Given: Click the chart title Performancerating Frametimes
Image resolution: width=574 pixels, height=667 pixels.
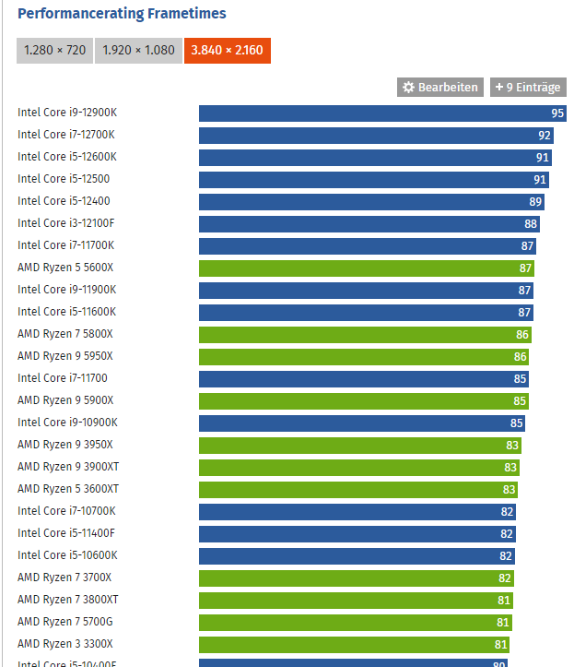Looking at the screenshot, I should pyautogui.click(x=122, y=14).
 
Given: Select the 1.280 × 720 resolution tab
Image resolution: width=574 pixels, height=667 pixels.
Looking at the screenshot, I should pyautogui.click(x=54, y=50).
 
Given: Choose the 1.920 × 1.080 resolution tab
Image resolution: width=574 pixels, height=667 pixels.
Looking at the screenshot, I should pyautogui.click(x=138, y=50).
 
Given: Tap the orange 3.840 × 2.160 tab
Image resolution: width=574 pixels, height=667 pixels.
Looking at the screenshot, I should pyautogui.click(x=228, y=50).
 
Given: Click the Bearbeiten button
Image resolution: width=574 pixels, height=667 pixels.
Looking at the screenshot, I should pyautogui.click(x=440, y=87).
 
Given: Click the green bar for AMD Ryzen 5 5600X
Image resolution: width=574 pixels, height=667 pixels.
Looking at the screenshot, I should pyautogui.click(x=366, y=268).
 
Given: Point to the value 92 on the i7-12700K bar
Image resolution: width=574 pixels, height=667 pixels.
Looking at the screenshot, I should pyautogui.click(x=545, y=135).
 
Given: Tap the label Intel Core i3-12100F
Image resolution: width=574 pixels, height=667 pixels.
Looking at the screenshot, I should pyautogui.click(x=66, y=223).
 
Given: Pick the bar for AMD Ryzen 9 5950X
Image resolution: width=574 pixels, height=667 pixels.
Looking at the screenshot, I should pyautogui.click(x=364, y=356).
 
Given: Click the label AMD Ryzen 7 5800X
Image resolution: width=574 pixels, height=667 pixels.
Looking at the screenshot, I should pyautogui.click(x=65, y=334).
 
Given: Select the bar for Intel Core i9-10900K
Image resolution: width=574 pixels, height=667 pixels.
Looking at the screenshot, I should pyautogui.click(x=361, y=423).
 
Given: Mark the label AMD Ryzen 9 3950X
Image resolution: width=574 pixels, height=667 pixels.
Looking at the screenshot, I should pyautogui.click(x=65, y=445).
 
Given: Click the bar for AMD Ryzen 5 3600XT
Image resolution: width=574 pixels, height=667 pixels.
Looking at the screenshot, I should pyautogui.click(x=358, y=489).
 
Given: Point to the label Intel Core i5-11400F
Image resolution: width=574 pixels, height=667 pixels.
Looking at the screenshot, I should pyautogui.click(x=66, y=533).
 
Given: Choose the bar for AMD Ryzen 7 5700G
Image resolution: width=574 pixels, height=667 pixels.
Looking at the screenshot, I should pyautogui.click(x=356, y=622).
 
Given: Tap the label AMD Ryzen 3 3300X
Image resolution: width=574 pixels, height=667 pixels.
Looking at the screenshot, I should pyautogui.click(x=65, y=644).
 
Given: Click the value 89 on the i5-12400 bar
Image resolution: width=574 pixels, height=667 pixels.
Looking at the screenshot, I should pyautogui.click(x=535, y=201).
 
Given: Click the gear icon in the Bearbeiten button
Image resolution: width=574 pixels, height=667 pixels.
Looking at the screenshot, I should pyautogui.click(x=409, y=87).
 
